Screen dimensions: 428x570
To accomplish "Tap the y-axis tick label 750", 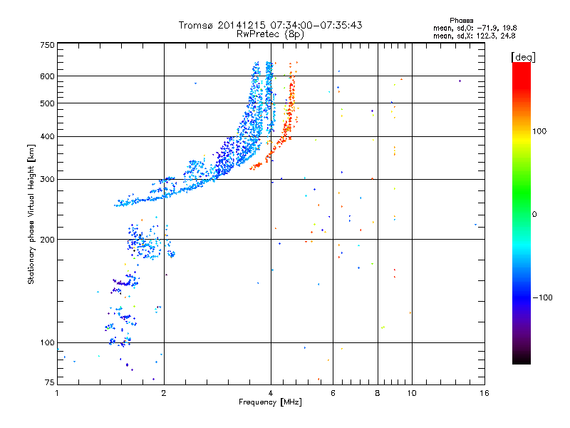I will [47, 44].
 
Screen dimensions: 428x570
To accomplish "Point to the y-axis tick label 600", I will [47, 76].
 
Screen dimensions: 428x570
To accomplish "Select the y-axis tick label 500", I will [47, 103].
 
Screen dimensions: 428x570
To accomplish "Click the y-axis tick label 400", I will [47, 136].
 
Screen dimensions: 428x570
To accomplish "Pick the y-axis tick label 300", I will [47, 179].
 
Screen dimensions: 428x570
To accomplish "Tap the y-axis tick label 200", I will [47, 239].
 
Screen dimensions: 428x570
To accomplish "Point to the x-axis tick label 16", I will [484, 393].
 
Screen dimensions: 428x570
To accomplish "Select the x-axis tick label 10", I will [410, 393].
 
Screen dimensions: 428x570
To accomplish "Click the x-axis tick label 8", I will [378, 393].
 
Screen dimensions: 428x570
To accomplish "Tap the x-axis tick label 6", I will [333, 393].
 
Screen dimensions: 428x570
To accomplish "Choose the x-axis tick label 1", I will [58, 393].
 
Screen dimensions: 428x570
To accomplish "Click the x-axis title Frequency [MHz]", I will [270, 402].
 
